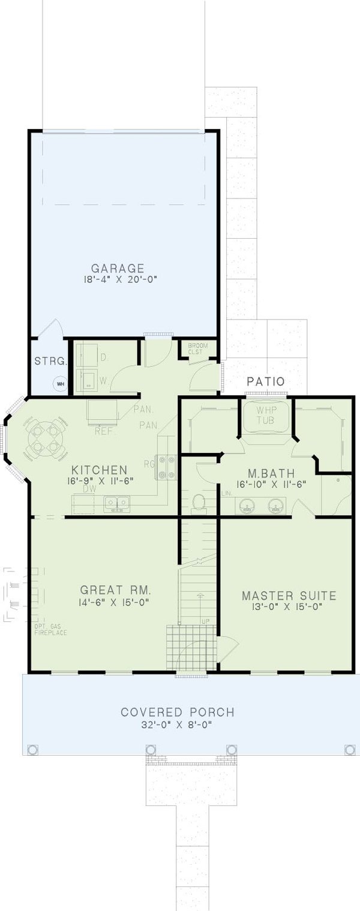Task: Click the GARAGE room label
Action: (x=118, y=267)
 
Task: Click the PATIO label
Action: (x=265, y=382)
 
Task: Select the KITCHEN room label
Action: (x=99, y=469)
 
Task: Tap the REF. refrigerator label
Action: (x=105, y=431)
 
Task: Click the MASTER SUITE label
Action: (x=289, y=596)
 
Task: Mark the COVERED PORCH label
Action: (x=178, y=712)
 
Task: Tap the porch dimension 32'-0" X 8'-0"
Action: (x=178, y=724)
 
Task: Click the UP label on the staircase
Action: (x=205, y=620)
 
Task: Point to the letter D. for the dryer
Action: (x=103, y=357)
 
